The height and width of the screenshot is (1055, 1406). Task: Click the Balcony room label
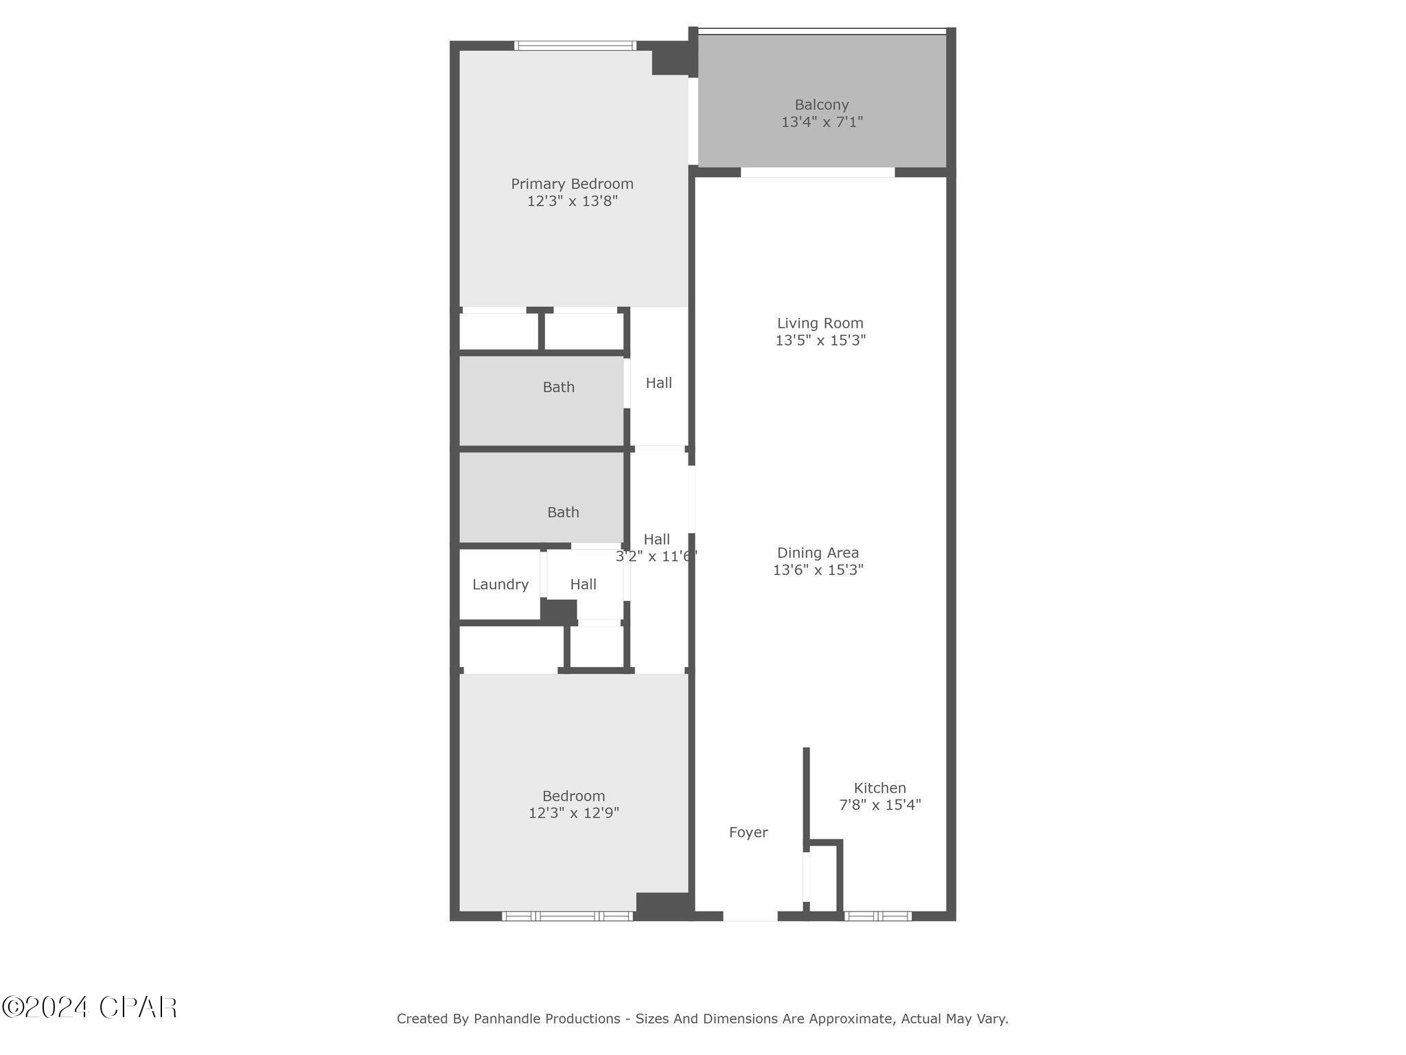[x=821, y=105]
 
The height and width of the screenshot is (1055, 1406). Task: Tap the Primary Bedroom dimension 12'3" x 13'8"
[x=572, y=201]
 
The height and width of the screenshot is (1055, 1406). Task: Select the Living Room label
[x=820, y=323]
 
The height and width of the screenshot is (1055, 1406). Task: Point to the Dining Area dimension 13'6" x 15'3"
[x=818, y=569]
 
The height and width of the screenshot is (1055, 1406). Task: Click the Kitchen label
[x=879, y=788]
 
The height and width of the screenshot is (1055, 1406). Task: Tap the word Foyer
[x=748, y=832]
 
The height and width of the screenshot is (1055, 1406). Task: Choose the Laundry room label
[x=500, y=585]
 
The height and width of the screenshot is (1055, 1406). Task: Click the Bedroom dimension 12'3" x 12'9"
[x=573, y=813]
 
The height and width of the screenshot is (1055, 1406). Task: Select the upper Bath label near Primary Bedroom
[x=558, y=387]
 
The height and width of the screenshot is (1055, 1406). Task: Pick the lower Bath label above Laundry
[x=563, y=512]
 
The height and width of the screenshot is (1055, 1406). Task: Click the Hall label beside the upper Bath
[x=658, y=383]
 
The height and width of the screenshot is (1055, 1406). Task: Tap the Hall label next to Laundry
[x=583, y=585]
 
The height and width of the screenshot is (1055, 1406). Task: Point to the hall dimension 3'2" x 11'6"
[x=656, y=556]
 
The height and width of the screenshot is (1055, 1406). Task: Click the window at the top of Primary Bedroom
[x=575, y=46]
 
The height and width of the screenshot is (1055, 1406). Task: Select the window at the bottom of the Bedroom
[x=567, y=916]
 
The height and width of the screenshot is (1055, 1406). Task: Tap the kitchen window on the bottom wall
[x=877, y=916]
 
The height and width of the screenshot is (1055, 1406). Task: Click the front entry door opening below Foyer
[x=750, y=916]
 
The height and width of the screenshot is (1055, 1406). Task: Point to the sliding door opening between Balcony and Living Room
[x=817, y=172]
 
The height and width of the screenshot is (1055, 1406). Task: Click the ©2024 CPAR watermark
[x=89, y=1008]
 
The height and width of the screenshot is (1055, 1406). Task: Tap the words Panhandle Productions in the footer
[x=546, y=1019]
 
